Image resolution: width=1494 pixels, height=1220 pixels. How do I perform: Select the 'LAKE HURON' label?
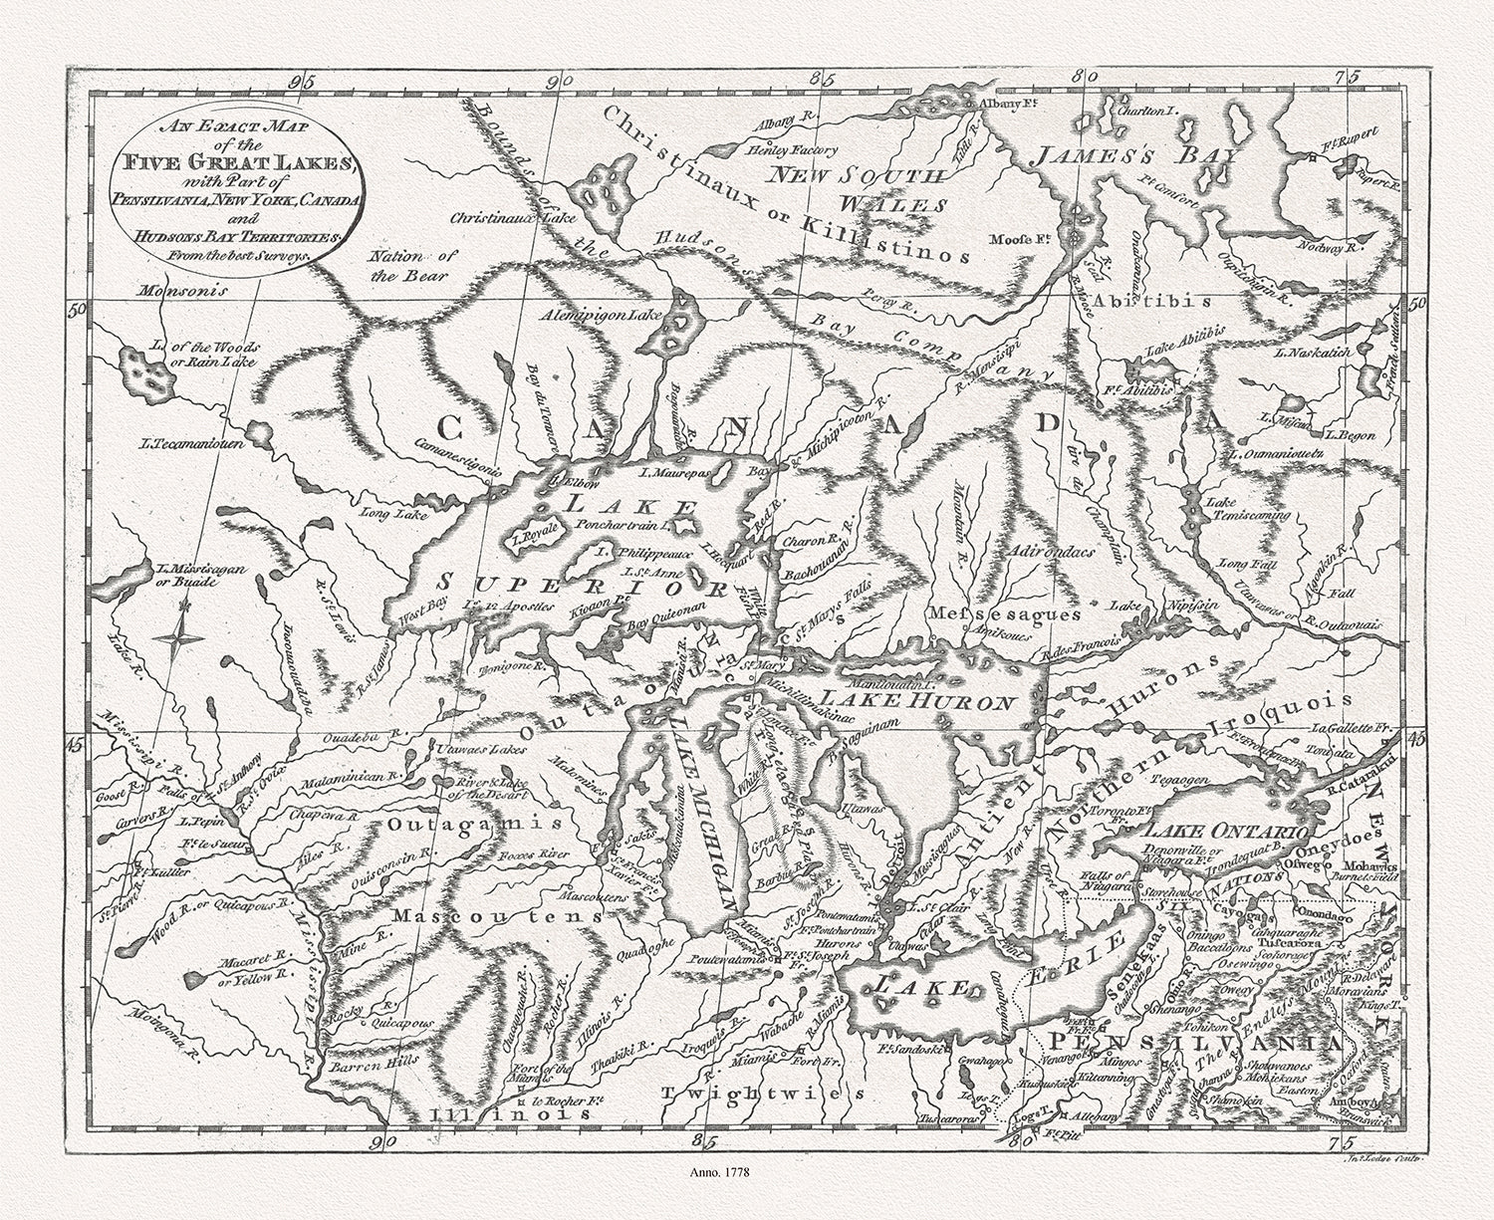tap(917, 701)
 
